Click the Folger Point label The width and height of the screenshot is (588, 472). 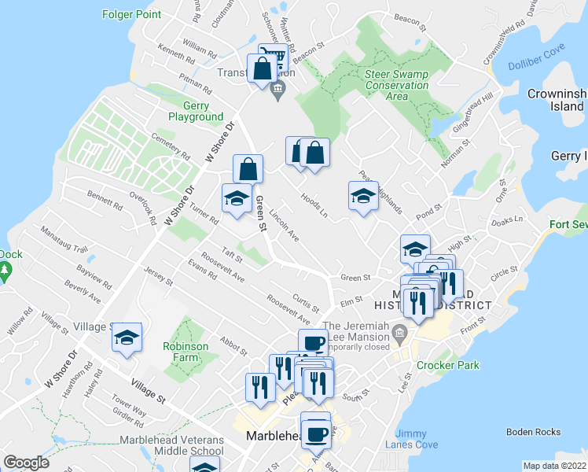point(132,14)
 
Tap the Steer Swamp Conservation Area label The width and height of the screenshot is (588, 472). point(397,85)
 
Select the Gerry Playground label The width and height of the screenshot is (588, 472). point(196,111)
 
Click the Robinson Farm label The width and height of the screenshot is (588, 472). point(186,352)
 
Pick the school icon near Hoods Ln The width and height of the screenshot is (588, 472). point(363,197)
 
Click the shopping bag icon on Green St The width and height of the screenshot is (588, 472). point(248,169)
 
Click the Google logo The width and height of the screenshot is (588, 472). point(26,462)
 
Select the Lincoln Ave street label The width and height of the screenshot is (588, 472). point(283,226)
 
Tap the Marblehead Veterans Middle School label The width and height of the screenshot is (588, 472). point(172,445)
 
